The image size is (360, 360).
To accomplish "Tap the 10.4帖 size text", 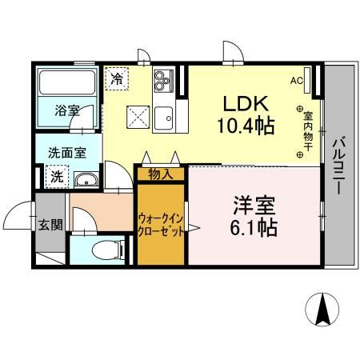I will pos(244,125).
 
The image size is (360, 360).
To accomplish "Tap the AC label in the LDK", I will pos(296,80).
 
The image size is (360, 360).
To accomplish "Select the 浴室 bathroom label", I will pos(66,110).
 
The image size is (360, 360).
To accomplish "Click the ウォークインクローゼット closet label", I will pos(162,222).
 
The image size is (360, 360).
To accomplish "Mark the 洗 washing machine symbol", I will pos(58,177).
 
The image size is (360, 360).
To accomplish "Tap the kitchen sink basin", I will pos(163,116).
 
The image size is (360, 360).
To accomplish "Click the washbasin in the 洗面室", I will pos(88,180).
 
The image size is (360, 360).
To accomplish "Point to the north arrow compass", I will pos(324,310).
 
